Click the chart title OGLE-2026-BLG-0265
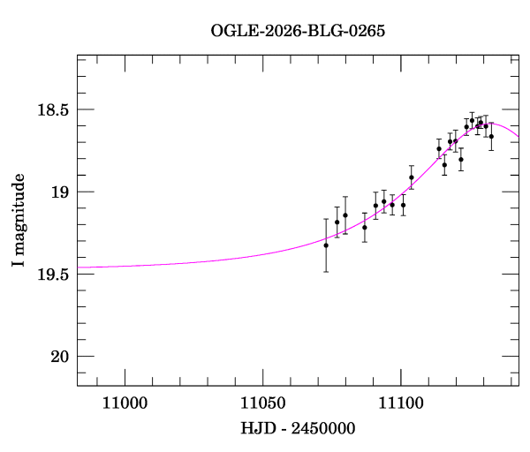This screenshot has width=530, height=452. tap(298, 31)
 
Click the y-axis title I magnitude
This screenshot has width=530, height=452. tap(19, 220)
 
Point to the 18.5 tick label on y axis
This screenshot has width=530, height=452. tap(50, 110)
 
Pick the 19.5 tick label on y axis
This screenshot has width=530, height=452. tap(50, 275)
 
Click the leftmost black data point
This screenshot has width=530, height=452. tap(326, 245)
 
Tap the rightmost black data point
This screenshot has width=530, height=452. tap(491, 136)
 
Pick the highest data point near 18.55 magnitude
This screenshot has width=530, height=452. tap(472, 119)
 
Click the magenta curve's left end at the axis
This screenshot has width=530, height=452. tap(79, 267)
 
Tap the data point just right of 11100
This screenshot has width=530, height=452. tap(412, 177)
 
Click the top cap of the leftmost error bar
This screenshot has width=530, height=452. tap(326, 219)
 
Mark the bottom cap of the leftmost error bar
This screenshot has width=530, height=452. tap(326, 271)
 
